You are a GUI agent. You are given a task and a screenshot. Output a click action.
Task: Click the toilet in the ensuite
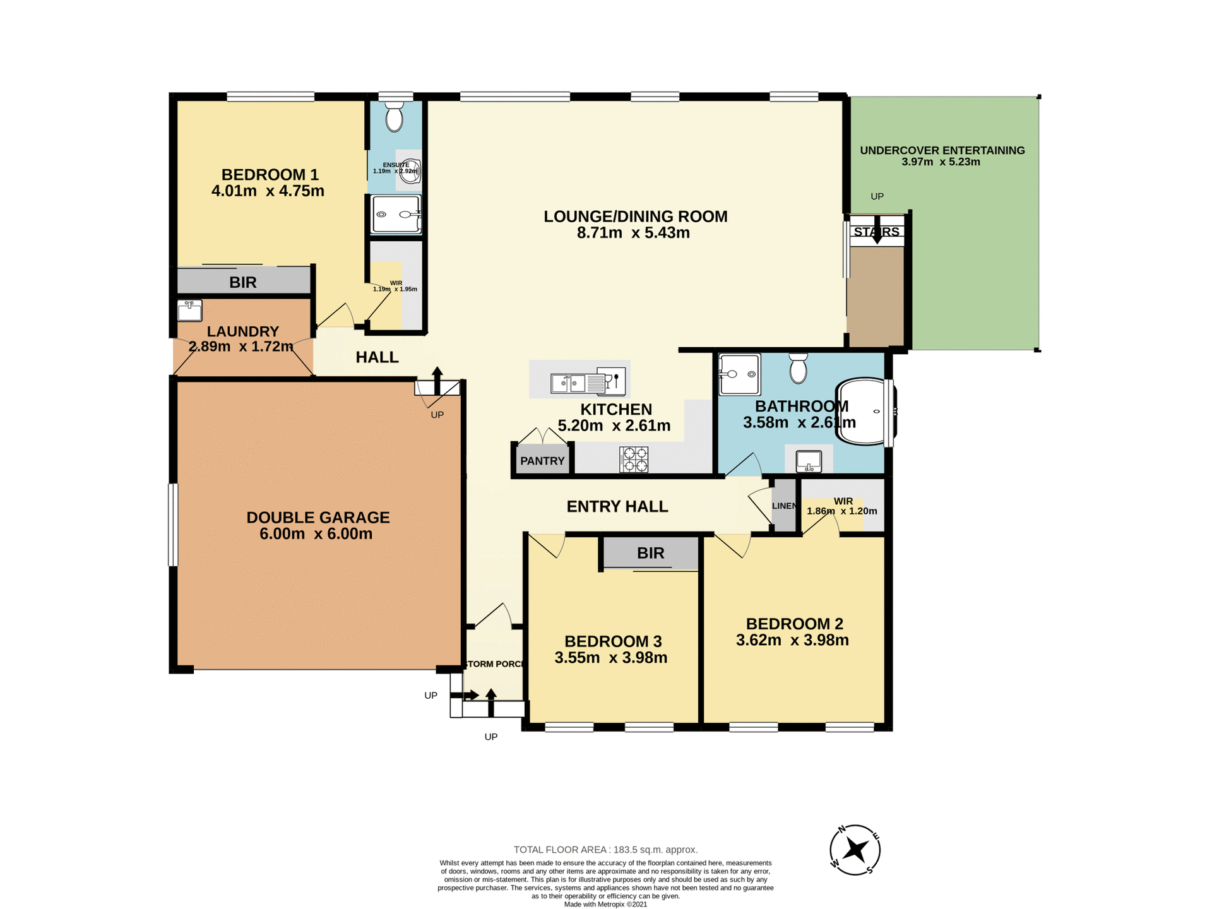(395, 117)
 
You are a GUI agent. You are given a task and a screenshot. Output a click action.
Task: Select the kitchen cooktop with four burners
(634, 460)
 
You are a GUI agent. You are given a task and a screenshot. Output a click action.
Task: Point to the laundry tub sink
(189, 311)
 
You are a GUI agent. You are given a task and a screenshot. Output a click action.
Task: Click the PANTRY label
(542, 461)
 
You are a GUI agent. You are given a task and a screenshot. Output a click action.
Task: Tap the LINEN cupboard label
(784, 506)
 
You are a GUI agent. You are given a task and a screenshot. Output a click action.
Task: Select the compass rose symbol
(855, 850)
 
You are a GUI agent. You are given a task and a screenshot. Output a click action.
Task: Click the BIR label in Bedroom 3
(650, 553)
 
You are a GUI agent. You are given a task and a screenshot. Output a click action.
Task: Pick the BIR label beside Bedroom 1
(243, 282)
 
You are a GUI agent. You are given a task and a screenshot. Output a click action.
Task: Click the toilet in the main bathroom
(799, 369)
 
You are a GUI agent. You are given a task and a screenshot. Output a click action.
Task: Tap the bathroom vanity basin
(809, 461)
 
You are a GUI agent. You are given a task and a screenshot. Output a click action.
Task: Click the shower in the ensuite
(396, 215)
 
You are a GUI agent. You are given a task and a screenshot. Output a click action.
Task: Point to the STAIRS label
(876, 232)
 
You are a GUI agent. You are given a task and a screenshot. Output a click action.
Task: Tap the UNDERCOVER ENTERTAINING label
(942, 150)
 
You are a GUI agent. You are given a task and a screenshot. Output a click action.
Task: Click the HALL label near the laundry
(377, 357)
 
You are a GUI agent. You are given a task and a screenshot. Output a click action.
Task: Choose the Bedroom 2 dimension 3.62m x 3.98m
(792, 640)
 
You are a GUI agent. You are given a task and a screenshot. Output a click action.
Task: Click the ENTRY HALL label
(617, 506)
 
